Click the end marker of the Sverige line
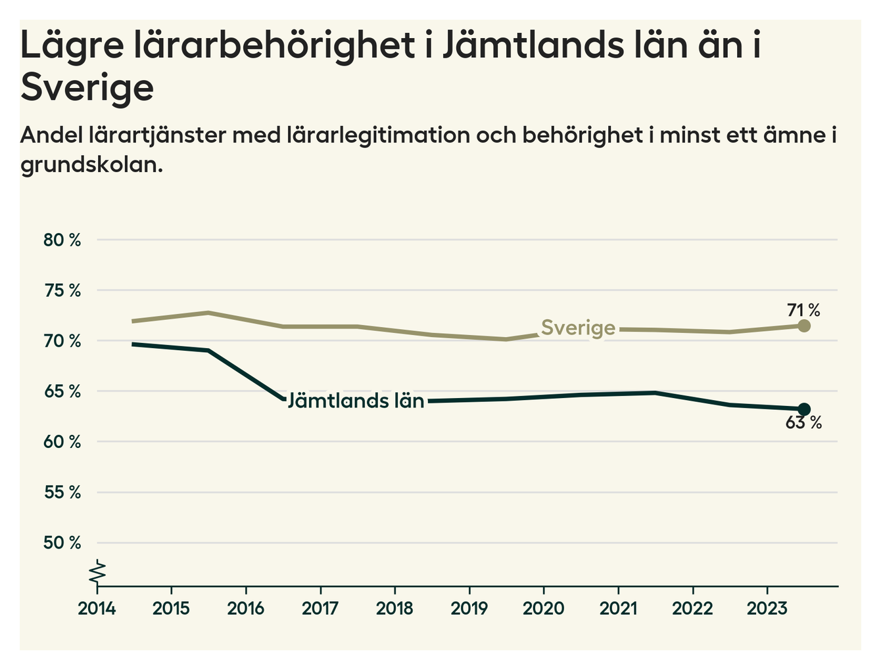point(803,326)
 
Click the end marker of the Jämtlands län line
point(803,409)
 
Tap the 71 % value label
point(803,309)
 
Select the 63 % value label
point(803,423)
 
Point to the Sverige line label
point(578,327)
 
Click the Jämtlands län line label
point(356,400)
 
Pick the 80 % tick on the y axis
point(62,240)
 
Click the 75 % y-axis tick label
point(62,290)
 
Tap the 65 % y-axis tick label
point(62,391)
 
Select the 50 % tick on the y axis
point(62,543)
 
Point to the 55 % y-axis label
point(62,493)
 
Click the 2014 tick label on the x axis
point(97,608)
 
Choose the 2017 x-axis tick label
point(320,608)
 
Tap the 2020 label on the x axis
point(543,608)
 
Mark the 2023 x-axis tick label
point(767,608)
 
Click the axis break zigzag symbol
point(97,571)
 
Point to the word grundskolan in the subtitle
point(91,164)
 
